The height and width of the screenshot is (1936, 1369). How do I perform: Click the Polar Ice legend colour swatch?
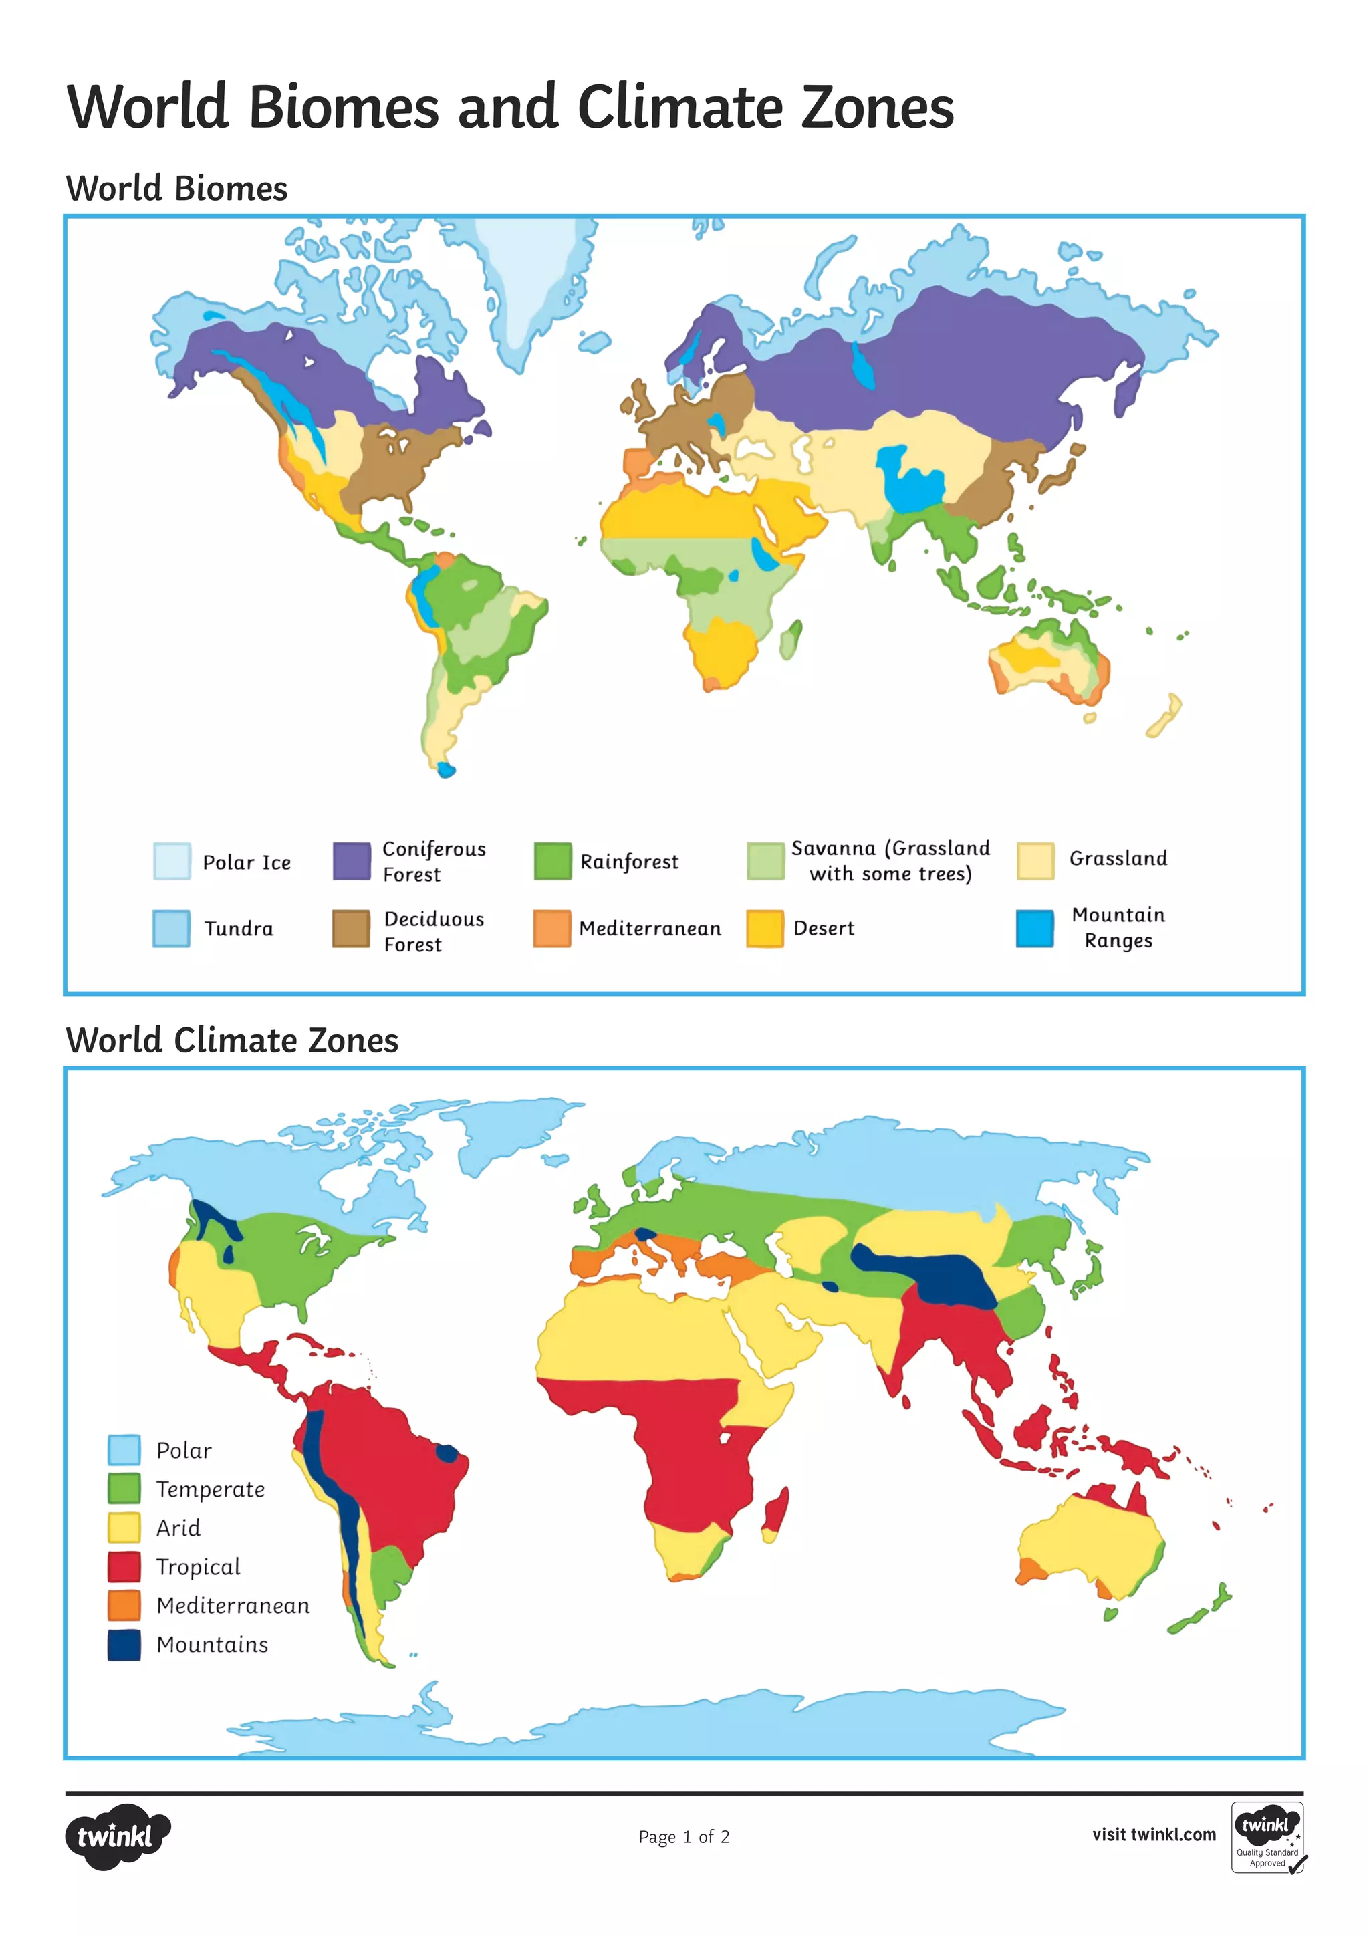[172, 861]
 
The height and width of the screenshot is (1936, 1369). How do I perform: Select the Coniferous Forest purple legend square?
[352, 861]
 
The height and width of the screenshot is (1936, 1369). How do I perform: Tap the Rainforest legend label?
[629, 862]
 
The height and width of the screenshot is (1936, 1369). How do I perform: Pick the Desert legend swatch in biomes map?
[765, 929]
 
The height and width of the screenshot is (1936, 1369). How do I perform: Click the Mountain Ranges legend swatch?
[1034, 929]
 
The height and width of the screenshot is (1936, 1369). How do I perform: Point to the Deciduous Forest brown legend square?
[351, 929]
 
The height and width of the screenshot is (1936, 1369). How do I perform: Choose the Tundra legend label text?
[239, 929]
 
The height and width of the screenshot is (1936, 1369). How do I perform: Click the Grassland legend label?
[1118, 858]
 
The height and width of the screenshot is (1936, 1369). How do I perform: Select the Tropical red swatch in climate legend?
[124, 1567]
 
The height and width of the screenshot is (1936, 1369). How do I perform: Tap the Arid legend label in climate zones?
[178, 1528]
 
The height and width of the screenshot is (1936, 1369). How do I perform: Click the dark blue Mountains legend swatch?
[124, 1645]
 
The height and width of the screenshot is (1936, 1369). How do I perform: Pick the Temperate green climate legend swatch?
[124, 1489]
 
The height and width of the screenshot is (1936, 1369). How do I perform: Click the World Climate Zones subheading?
[232, 1040]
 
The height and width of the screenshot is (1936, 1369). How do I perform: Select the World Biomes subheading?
[176, 188]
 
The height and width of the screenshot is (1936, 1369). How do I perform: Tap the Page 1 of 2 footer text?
[684, 1836]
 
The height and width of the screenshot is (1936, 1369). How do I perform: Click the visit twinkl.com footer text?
[1153, 1835]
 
